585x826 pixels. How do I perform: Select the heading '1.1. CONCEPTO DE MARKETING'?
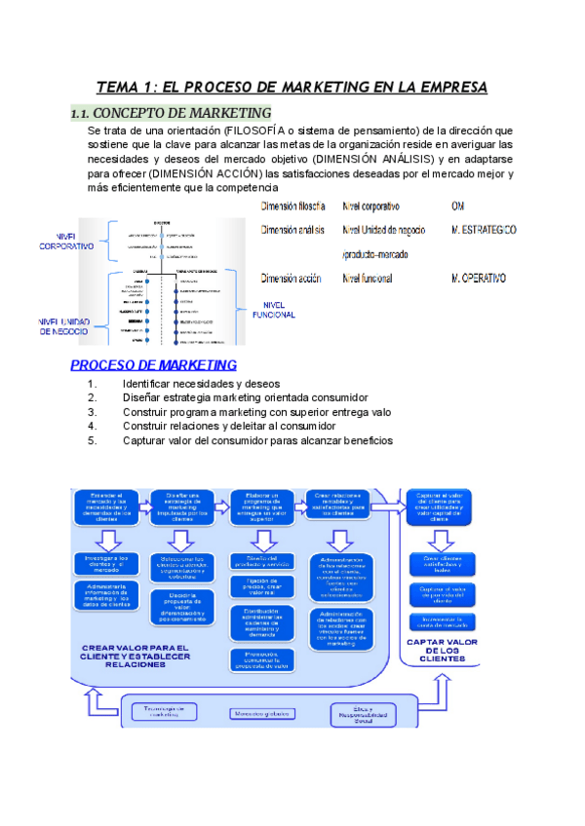tap(172, 112)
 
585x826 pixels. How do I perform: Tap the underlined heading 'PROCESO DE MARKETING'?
tap(153, 365)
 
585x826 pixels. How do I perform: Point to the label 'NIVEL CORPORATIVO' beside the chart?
tap(66, 241)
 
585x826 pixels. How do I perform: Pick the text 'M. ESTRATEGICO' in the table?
tap(485, 230)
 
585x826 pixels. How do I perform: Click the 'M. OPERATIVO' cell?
tap(479, 279)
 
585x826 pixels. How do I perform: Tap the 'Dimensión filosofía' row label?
tap(292, 206)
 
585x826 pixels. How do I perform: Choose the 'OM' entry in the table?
tap(458, 206)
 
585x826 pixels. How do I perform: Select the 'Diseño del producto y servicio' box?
tap(260, 560)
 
